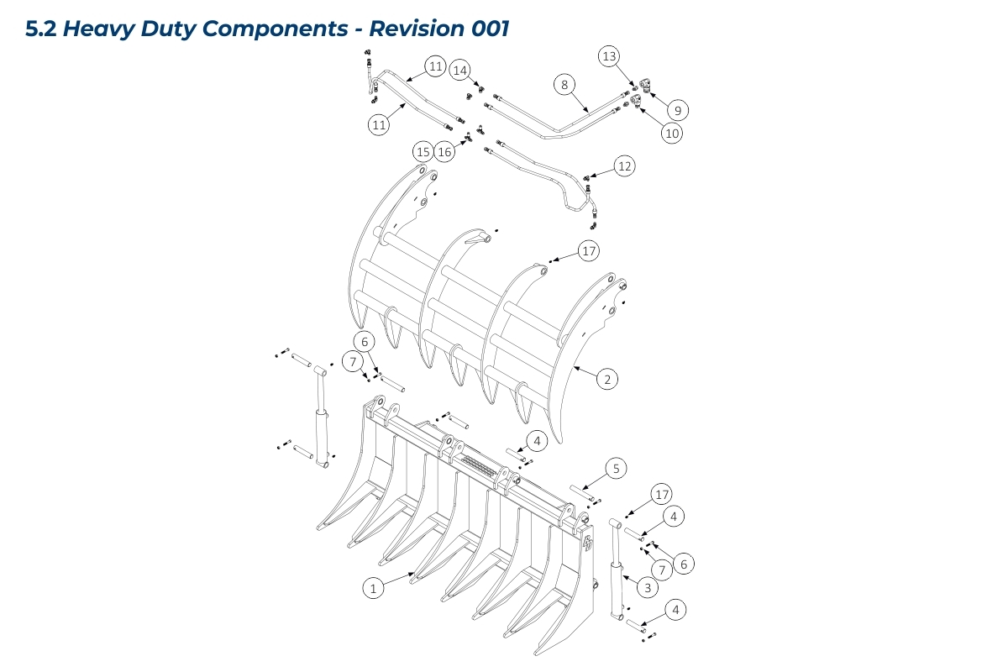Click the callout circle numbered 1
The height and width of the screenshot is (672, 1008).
[373, 588]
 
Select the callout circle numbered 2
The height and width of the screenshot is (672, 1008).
[606, 379]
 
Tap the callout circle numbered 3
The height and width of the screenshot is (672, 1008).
[647, 588]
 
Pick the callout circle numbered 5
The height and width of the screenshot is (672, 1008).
[616, 468]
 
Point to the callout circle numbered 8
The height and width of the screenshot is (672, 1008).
[564, 84]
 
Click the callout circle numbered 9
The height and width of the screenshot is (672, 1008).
[678, 109]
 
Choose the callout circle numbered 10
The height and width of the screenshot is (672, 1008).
[670, 132]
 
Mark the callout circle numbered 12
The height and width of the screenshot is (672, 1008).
[623, 166]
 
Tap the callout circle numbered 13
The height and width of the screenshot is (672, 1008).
[609, 56]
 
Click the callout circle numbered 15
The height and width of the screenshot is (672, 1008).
[423, 151]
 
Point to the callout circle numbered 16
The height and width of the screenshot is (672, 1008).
[445, 151]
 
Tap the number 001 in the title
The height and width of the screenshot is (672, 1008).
[486, 29]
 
